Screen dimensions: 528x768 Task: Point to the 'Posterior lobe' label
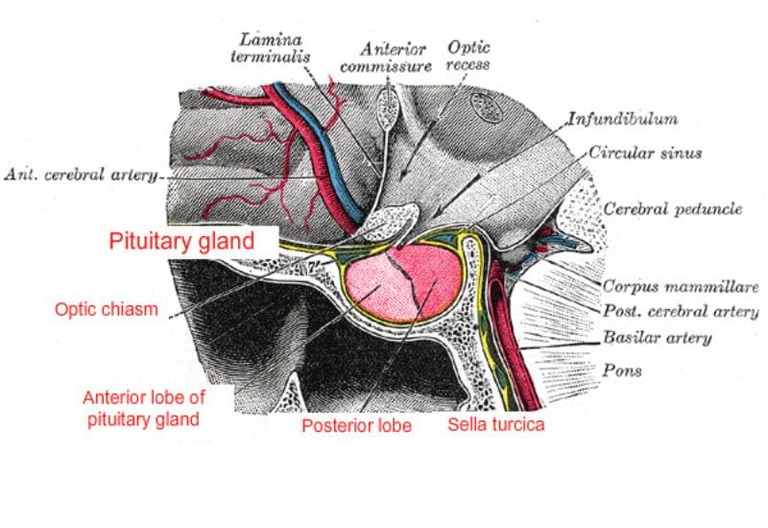[356, 424]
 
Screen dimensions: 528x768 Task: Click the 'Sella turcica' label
[495, 422]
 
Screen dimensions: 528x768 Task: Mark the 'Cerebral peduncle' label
[672, 209]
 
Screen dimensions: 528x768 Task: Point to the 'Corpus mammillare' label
[680, 286]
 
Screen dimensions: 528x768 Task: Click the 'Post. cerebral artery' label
[680, 311]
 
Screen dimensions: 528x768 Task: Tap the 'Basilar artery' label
[657, 338]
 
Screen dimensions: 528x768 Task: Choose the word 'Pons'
[621, 369]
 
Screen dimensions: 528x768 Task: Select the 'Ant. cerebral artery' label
[82, 176]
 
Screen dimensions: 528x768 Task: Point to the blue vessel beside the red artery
[305, 134]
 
